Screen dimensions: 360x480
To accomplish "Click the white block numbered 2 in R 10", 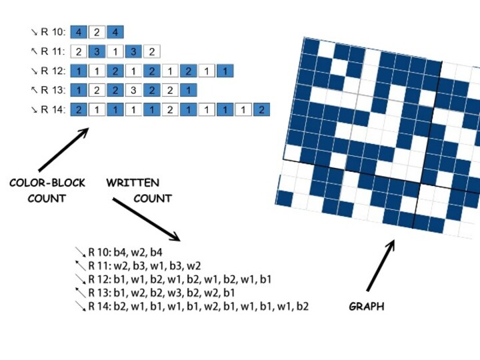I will click(x=97, y=32).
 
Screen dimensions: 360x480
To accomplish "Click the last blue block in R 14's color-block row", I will click(x=261, y=109).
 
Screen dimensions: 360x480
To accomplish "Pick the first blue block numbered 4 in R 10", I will click(x=79, y=32).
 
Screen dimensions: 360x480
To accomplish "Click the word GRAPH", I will click(x=366, y=307).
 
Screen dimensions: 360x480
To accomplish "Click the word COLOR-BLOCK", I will click(x=47, y=183).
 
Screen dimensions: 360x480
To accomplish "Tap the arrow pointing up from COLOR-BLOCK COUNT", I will click(x=63, y=149).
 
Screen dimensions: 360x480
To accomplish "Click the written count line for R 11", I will click(x=144, y=266).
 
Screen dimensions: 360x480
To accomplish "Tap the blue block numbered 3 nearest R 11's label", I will click(x=97, y=51).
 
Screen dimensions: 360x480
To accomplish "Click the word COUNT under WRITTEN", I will click(x=152, y=198).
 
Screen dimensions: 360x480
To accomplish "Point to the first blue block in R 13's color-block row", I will click(x=79, y=90).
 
